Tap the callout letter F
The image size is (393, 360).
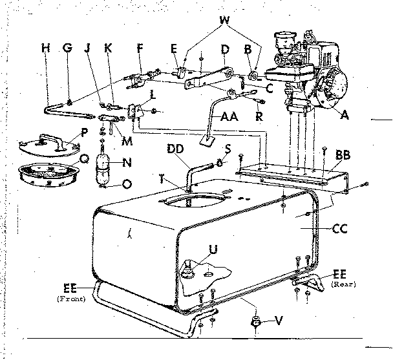139,47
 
